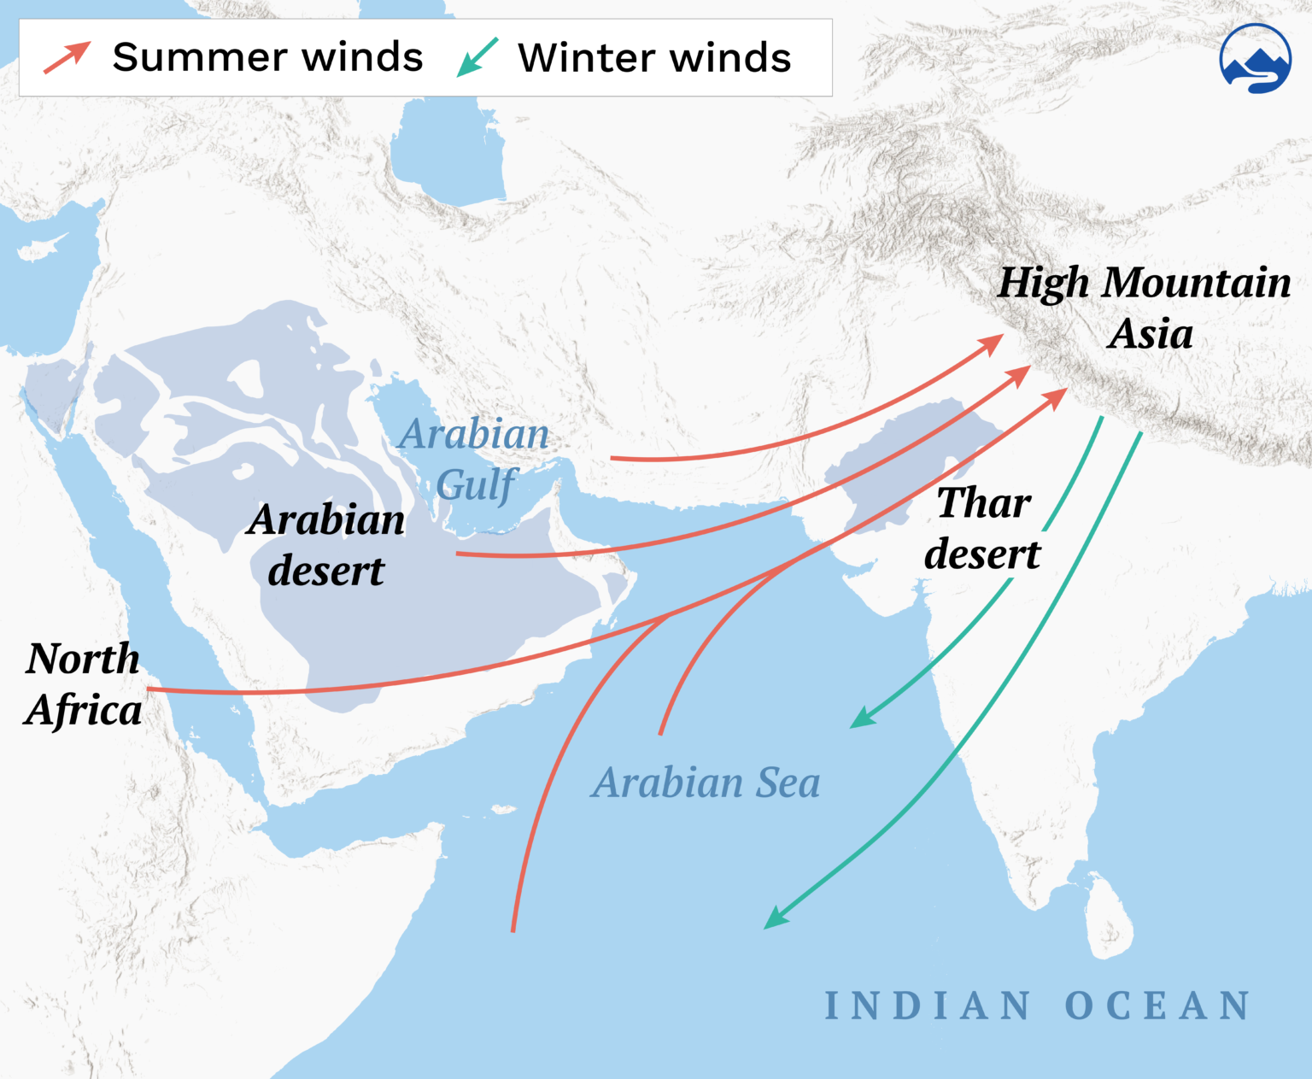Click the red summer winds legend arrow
tap(67, 57)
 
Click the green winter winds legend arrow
tap(477, 57)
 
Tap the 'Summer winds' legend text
tap(267, 57)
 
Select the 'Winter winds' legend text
tap(654, 57)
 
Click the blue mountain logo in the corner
tap(1255, 59)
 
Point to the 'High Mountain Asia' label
tap(1145, 308)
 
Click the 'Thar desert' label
tap(983, 528)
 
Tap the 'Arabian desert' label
tap(326, 544)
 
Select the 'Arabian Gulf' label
tap(475, 459)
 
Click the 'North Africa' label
tap(83, 683)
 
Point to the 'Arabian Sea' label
tap(706, 782)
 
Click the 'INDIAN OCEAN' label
tap(1037, 1006)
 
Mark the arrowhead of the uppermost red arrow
tap(992, 344)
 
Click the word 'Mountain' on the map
tap(1197, 283)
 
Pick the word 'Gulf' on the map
tap(477, 485)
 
